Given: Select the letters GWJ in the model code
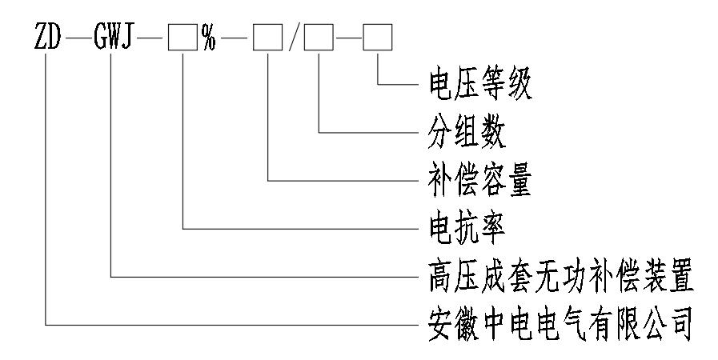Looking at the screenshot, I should click(x=117, y=38).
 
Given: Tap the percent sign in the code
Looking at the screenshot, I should click(x=208, y=38).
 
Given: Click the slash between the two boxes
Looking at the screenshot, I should click(x=293, y=38).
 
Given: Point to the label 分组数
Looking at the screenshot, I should click(x=460, y=133).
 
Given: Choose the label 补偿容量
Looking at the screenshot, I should click(x=472, y=181).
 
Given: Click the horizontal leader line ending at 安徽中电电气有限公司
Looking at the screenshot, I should click(x=232, y=326).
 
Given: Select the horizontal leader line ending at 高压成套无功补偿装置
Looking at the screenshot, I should click(x=264, y=278).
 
